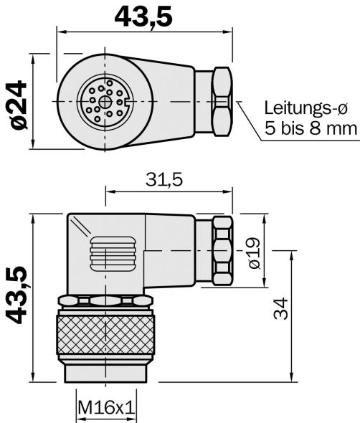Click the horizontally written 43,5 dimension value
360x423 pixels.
point(143,15)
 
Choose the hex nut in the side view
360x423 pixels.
point(221,250)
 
